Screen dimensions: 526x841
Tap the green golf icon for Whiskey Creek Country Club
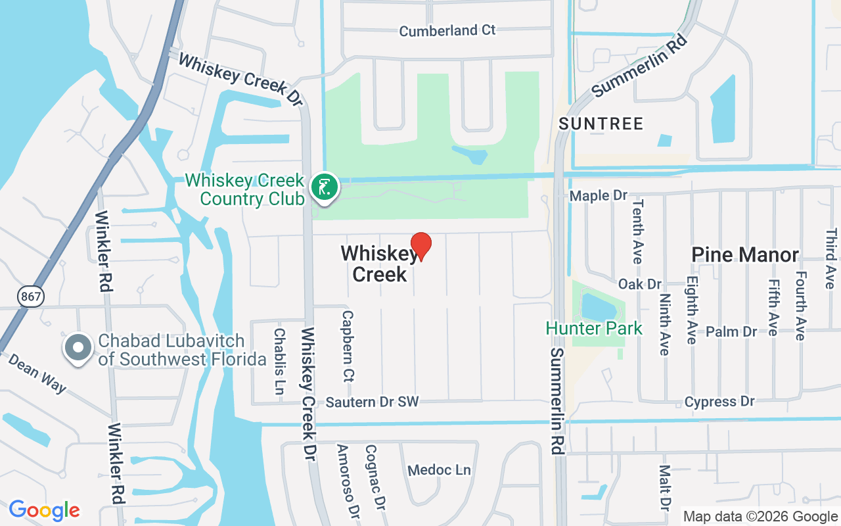tap(324, 187)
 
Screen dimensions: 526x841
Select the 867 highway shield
tap(31, 297)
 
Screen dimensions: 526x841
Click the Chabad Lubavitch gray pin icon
tap(79, 348)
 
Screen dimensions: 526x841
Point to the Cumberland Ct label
tap(447, 31)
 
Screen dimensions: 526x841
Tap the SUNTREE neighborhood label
tap(601, 124)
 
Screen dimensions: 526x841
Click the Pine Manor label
tap(745, 254)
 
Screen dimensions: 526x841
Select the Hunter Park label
tap(594, 328)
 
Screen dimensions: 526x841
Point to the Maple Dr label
tap(599, 195)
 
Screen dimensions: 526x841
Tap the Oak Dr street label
tap(639, 284)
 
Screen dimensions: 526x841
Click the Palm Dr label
tap(731, 331)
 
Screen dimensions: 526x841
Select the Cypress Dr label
tap(719, 401)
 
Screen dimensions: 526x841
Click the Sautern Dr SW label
tap(372, 402)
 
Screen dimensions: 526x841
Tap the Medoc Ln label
tap(440, 470)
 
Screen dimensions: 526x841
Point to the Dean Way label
tap(37, 373)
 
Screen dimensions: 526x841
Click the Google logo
tap(44, 510)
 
